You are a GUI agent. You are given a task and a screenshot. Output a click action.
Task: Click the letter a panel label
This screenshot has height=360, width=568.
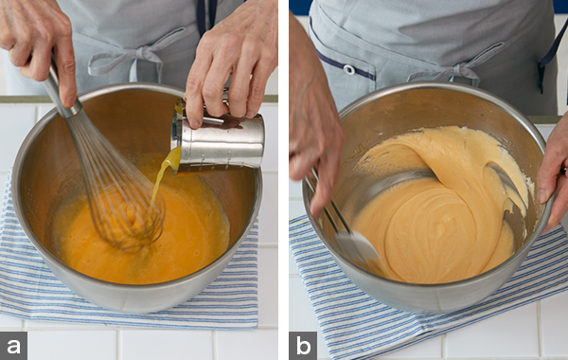14,346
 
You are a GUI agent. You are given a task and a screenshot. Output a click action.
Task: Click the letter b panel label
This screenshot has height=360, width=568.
303,346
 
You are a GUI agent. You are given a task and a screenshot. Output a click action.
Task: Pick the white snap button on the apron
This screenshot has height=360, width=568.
349,69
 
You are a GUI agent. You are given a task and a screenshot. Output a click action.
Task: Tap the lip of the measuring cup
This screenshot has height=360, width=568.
177,136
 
